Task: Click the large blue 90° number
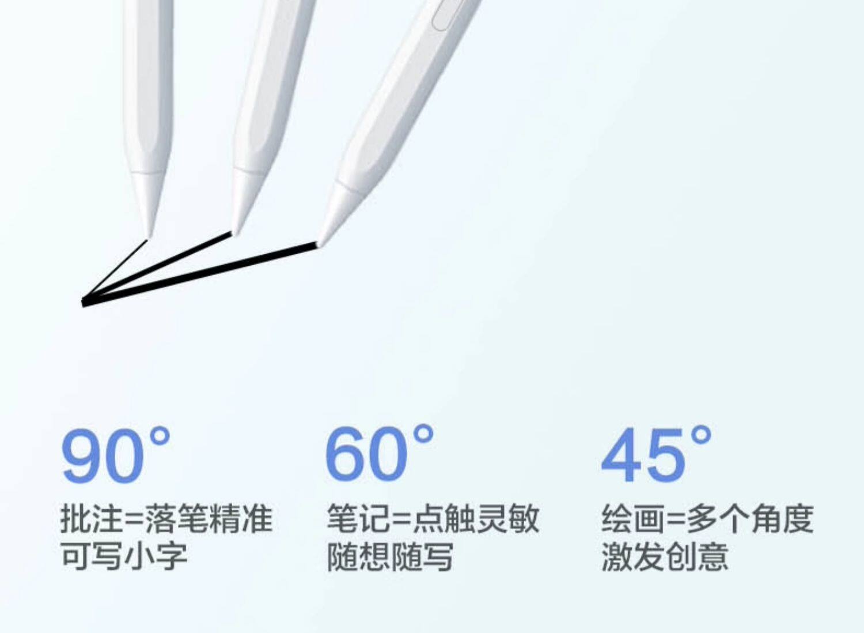[115, 455]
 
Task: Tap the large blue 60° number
[379, 454]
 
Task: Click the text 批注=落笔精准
[166, 518]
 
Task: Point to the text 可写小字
[124, 556]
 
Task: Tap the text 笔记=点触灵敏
[433, 518]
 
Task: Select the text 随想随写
[390, 556]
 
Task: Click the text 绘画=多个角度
[707, 518]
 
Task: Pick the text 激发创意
[665, 556]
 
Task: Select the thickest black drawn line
[202, 274]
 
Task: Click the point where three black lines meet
[84, 302]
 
